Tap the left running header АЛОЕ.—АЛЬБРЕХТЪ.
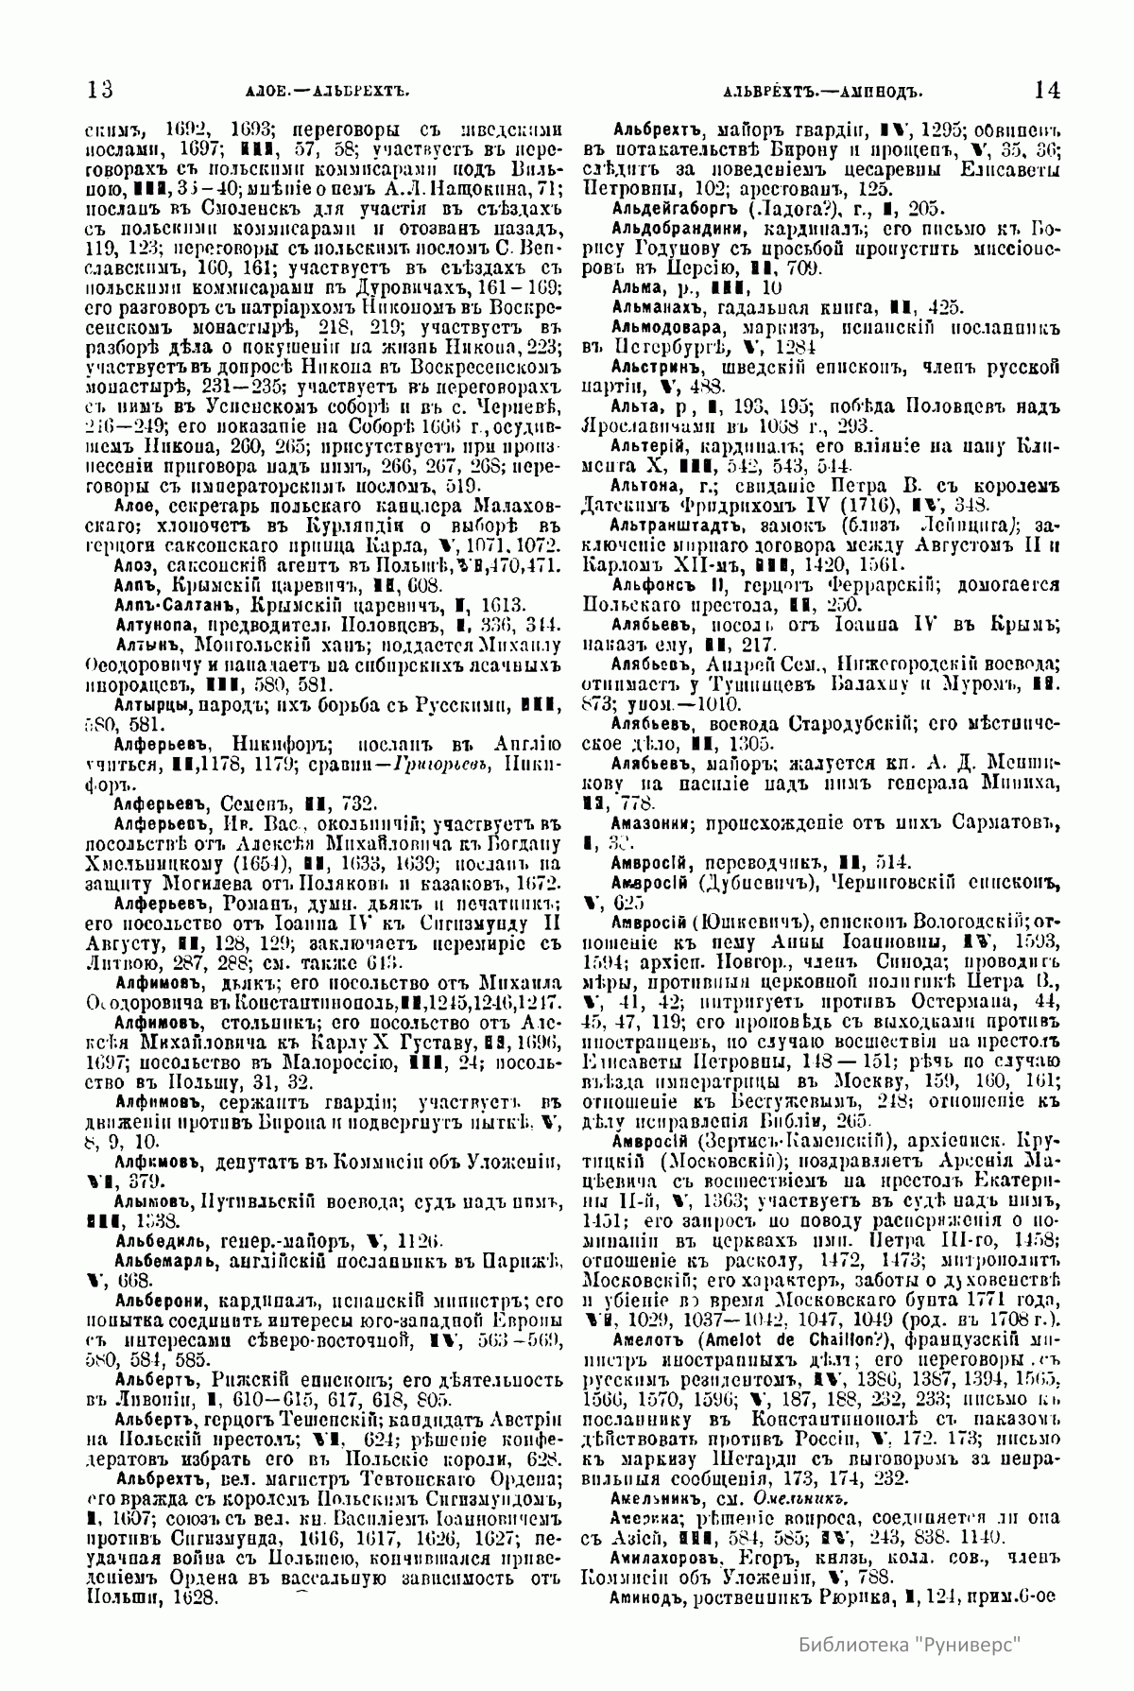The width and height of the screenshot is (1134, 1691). point(312,93)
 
